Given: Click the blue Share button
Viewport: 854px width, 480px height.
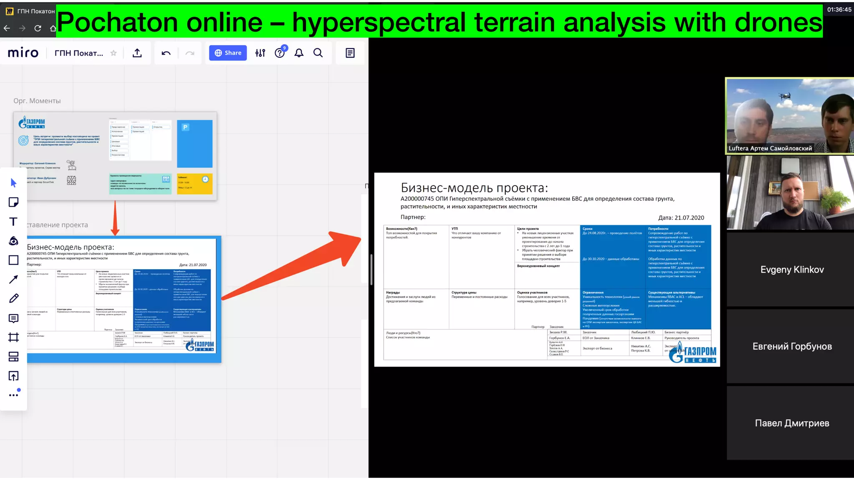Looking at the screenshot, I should pyautogui.click(x=228, y=53).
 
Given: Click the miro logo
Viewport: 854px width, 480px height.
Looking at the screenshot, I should pyautogui.click(x=23, y=53).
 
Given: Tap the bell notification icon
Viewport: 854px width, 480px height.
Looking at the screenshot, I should pyautogui.click(x=299, y=53).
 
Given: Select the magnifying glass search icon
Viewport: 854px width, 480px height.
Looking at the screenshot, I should pyautogui.click(x=318, y=53).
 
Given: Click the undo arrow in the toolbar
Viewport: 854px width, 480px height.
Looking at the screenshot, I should pyautogui.click(x=166, y=53).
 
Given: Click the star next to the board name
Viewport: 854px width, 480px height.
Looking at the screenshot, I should pyautogui.click(x=113, y=53).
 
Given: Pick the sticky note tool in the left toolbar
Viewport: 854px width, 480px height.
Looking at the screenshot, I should pyautogui.click(x=13, y=202).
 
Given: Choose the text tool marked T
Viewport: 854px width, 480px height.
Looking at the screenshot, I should pyautogui.click(x=13, y=222).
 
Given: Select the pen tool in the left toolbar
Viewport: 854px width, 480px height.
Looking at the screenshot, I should pyautogui.click(x=13, y=298).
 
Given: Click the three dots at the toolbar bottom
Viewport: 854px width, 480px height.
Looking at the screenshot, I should pyautogui.click(x=13, y=395).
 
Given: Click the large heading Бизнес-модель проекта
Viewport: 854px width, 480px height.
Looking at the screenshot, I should pyautogui.click(x=474, y=188).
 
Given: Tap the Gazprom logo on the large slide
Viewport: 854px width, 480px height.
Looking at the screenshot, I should pyautogui.click(x=692, y=352).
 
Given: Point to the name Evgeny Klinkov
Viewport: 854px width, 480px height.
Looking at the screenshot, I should pyautogui.click(x=792, y=270).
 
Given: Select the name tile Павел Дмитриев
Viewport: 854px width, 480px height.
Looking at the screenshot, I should pyautogui.click(x=792, y=423).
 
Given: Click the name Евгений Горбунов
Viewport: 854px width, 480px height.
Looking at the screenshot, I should pyautogui.click(x=792, y=346).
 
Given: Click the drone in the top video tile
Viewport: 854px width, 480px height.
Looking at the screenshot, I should pyautogui.click(x=785, y=97).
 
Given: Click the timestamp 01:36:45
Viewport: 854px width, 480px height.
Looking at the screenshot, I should pyautogui.click(x=839, y=10).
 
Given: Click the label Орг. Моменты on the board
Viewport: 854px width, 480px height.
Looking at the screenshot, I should pyautogui.click(x=37, y=101).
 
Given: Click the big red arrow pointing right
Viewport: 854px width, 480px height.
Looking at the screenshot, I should pyautogui.click(x=292, y=267).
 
